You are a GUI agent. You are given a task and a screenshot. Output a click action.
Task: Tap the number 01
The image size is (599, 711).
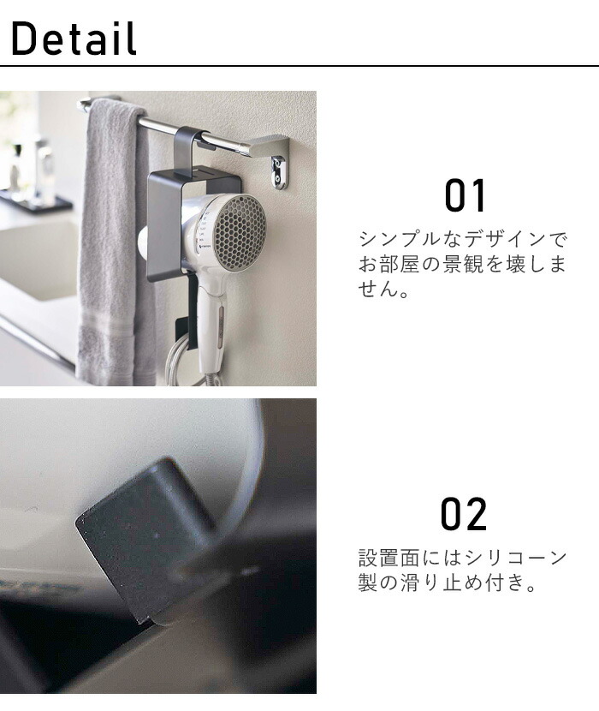tap(466, 196)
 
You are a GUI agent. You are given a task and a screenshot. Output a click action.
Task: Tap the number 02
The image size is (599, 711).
tap(464, 514)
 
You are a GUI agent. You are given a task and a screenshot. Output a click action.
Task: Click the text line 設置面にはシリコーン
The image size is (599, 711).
tap(462, 559)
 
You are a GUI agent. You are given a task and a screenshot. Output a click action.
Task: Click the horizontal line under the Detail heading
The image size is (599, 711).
tap(299, 66)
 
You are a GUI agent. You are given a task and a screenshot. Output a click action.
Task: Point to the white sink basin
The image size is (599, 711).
tap(34, 257)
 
